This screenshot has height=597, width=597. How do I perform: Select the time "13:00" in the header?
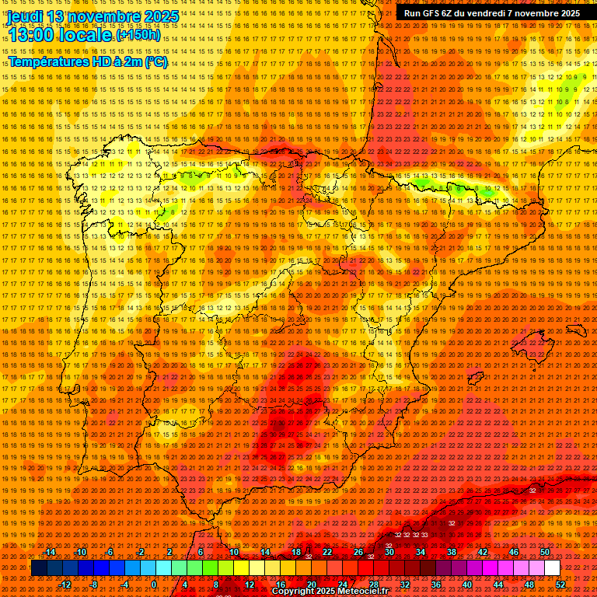click(34, 36)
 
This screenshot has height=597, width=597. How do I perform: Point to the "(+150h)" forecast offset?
click(138, 35)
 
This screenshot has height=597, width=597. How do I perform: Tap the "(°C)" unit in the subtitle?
click(155, 61)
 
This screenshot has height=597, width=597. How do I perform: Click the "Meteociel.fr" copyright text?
click(359, 591)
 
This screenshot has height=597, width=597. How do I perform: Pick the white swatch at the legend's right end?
click(552, 568)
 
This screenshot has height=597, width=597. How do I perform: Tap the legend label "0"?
click(154, 585)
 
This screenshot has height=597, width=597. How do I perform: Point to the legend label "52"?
click(560, 585)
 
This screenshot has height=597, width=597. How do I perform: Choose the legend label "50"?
click(544, 552)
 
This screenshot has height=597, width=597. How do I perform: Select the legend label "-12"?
click(65, 585)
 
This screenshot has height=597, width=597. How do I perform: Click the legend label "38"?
click(451, 552)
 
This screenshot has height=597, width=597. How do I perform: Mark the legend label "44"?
click(497, 585)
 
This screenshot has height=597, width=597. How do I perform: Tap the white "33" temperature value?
click(424, 535)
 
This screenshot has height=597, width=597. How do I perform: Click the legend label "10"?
click(233, 552)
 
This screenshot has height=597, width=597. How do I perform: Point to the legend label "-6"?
click(110, 552)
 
